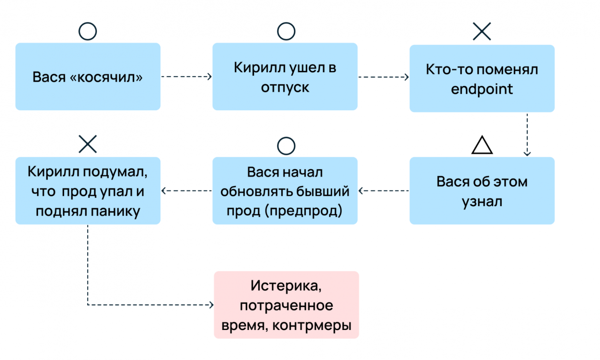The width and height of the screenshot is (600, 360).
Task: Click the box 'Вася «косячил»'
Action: (x=88, y=77)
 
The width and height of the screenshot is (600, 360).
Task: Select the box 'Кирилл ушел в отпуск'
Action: (x=285, y=77)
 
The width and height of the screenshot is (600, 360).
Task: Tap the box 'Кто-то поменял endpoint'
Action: (x=482, y=78)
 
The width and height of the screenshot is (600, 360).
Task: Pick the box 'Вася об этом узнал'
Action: (x=482, y=191)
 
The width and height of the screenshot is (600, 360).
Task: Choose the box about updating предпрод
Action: (x=285, y=191)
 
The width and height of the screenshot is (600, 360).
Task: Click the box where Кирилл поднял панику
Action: (x=88, y=191)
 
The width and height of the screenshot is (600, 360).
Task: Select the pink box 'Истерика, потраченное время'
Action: (x=286, y=305)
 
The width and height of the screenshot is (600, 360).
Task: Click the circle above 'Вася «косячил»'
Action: (x=88, y=31)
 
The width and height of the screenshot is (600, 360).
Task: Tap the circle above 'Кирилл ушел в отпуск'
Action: (x=286, y=31)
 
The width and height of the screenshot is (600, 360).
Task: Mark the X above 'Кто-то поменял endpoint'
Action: (x=482, y=31)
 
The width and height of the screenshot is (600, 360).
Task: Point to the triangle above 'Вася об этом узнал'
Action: (x=482, y=145)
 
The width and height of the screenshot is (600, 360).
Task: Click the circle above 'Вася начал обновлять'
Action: (x=286, y=146)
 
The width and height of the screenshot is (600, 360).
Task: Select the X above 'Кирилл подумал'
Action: (x=88, y=144)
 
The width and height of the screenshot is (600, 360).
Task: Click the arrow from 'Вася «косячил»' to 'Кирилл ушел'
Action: (x=186, y=77)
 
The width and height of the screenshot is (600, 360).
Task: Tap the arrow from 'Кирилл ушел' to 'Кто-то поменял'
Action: (x=383, y=77)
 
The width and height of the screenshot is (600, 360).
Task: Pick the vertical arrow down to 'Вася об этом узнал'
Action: (x=527, y=135)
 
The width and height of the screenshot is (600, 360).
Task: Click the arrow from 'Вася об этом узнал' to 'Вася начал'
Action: (x=383, y=190)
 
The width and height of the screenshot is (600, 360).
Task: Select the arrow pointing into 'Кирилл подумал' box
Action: (x=187, y=190)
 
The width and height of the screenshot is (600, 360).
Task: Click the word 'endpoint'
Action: (x=482, y=89)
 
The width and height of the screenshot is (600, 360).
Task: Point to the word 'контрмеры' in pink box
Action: (x=312, y=325)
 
